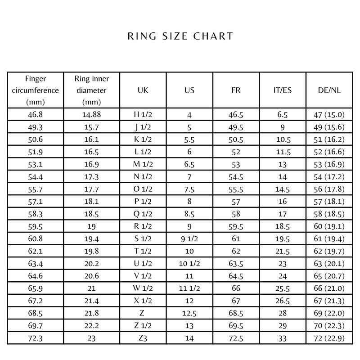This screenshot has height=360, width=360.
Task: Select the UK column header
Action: tap(143, 90)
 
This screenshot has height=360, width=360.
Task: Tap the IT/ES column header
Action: tap(283, 90)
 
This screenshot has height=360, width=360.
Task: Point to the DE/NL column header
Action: tap(329, 90)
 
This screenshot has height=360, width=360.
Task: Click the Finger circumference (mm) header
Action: tap(36, 90)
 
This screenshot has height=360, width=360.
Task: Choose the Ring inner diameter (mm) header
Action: tap(92, 90)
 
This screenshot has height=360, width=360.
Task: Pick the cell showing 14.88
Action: tap(92, 115)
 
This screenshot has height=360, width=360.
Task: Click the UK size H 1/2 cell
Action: tap(143, 115)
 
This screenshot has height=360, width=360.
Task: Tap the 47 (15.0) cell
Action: tap(329, 115)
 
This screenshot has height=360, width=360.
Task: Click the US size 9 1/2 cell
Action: tap(189, 238)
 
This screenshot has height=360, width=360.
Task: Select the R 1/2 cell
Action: tap(143, 226)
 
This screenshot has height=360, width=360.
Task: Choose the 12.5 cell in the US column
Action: tap(189, 312)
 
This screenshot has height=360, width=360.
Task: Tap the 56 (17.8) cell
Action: tap(329, 189)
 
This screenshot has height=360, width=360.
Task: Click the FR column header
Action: tap(236, 90)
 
